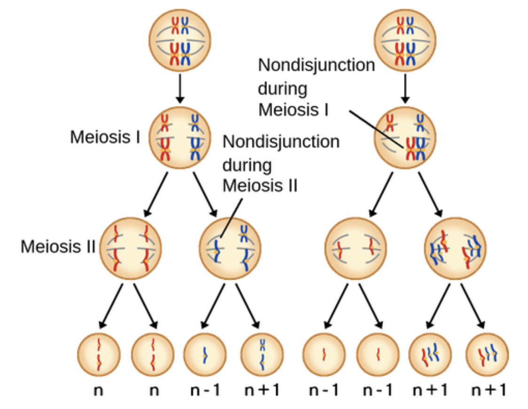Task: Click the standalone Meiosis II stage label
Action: tap(58, 246)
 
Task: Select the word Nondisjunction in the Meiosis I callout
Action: tap(316, 65)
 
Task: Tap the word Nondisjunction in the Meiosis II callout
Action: tap(281, 141)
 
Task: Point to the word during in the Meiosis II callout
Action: tap(247, 165)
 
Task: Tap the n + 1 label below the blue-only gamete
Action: tap(262, 389)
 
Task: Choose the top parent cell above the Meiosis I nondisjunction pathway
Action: tap(404, 42)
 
